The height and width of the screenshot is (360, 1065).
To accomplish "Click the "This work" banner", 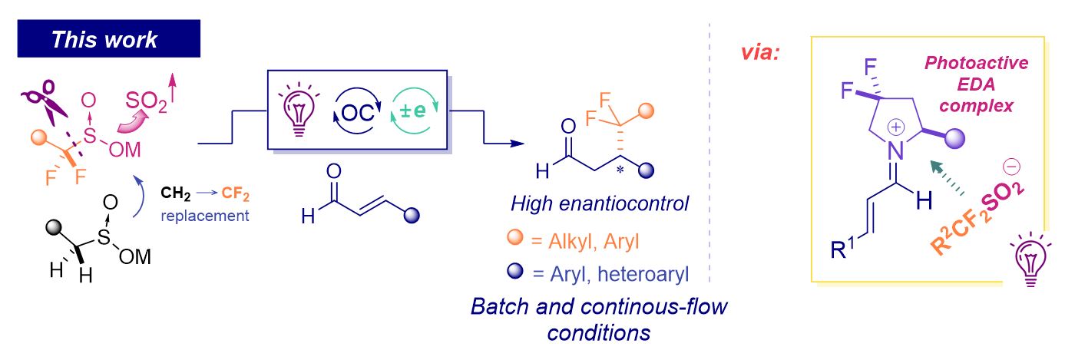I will click(108, 39).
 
